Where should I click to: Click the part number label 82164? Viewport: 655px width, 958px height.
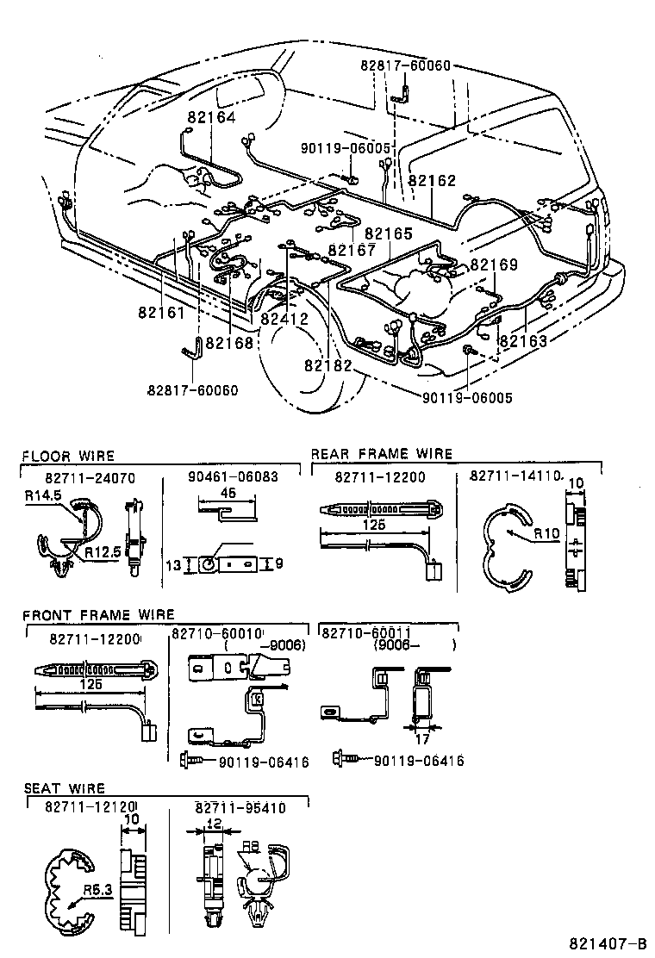pyautogui.click(x=211, y=117)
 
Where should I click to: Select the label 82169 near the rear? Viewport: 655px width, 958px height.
pyautogui.click(x=494, y=264)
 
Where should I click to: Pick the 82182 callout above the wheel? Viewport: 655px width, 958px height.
pyautogui.click(x=327, y=365)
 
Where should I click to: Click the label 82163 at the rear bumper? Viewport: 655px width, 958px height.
pyautogui.click(x=523, y=341)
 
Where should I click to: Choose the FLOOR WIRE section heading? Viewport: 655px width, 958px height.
pyautogui.click(x=68, y=455)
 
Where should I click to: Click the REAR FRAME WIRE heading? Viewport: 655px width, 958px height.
pyautogui.click(x=381, y=454)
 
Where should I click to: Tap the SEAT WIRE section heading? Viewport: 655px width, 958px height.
pyautogui.click(x=64, y=787)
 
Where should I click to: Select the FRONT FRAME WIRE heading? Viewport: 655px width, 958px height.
pyautogui.click(x=98, y=614)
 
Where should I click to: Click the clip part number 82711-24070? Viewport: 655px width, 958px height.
pyautogui.click(x=90, y=476)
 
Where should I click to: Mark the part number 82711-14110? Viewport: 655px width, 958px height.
pyautogui.click(x=515, y=476)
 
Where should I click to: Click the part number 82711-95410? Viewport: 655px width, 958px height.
pyautogui.click(x=240, y=807)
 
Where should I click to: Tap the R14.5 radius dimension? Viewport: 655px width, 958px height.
pyautogui.click(x=42, y=496)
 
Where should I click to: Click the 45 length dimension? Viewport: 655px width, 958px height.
pyautogui.click(x=228, y=495)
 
